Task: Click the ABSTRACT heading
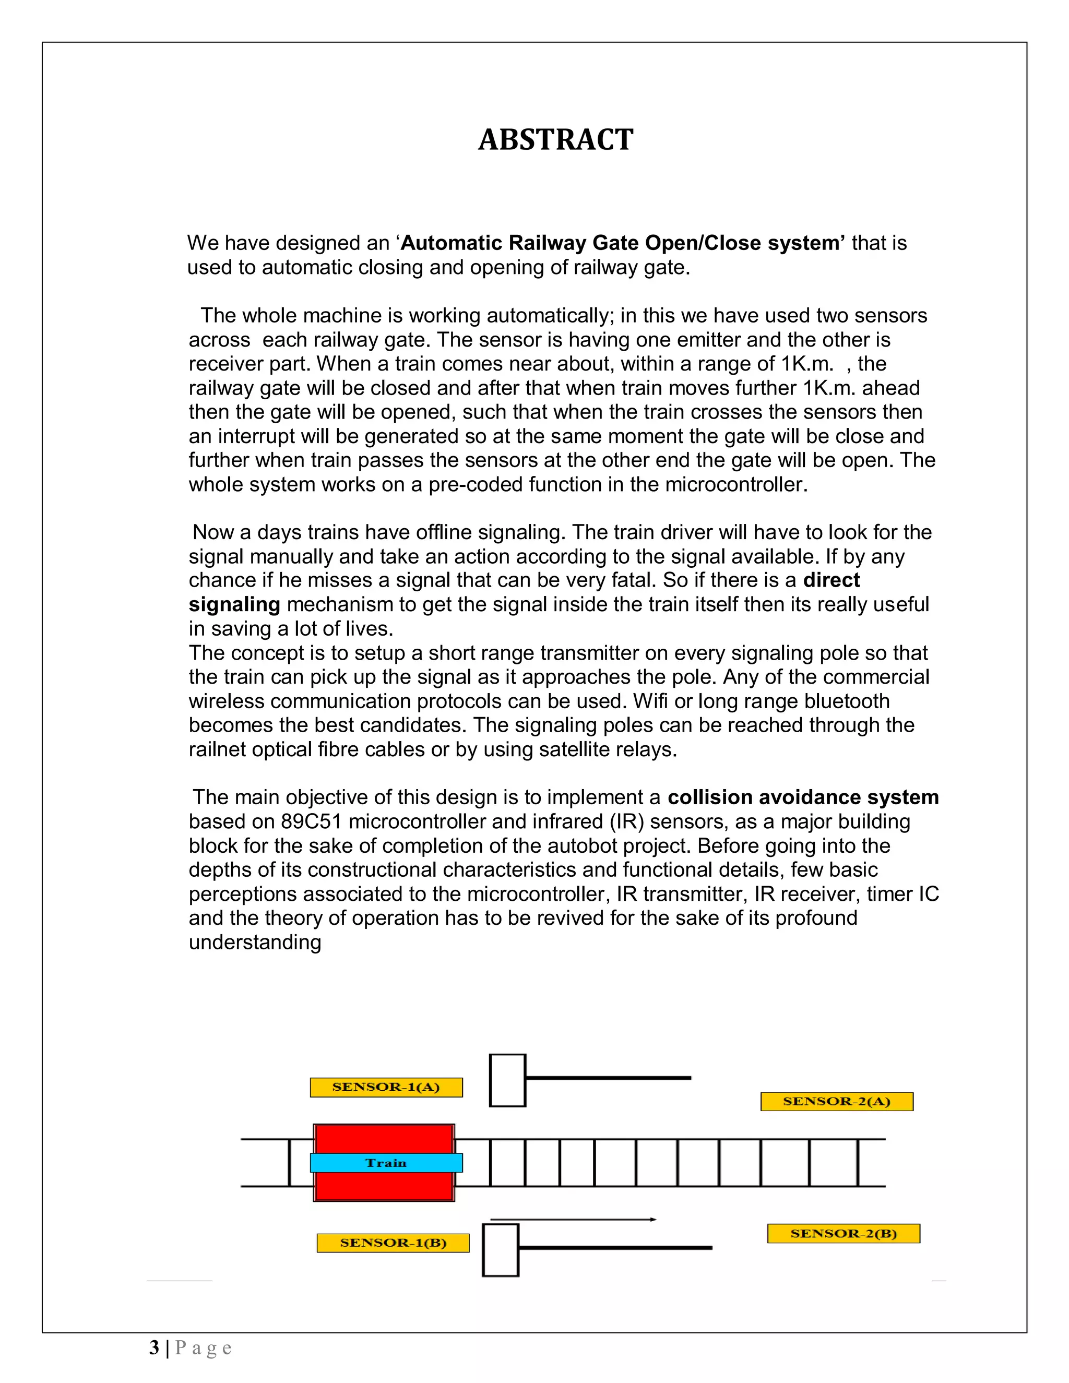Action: (x=555, y=140)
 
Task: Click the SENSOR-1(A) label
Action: (x=386, y=1087)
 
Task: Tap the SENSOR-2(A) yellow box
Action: (x=837, y=1101)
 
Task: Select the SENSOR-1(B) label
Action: (x=393, y=1243)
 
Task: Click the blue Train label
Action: (x=386, y=1163)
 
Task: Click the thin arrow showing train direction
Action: (x=573, y=1219)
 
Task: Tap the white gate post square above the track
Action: (x=507, y=1080)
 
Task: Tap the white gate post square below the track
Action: (x=500, y=1250)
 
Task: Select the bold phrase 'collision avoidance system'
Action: (x=803, y=797)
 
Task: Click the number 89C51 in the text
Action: (x=311, y=821)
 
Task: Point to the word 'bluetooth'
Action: (x=847, y=701)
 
